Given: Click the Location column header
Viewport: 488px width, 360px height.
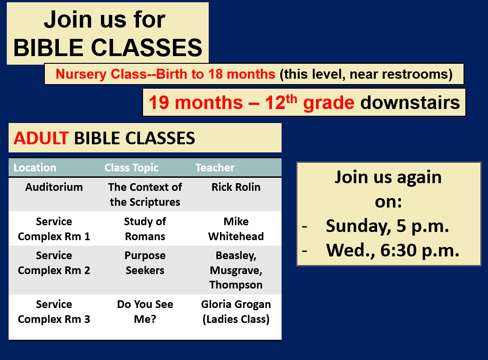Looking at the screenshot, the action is point(35,168).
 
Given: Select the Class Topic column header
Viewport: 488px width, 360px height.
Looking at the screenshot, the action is point(131,168).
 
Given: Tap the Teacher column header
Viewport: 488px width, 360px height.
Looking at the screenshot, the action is point(215,168).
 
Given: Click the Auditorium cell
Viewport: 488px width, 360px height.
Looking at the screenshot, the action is point(54,187).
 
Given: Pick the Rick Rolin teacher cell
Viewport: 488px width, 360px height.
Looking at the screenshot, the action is point(236,187).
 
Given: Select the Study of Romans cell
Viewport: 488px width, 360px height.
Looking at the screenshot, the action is point(145,229).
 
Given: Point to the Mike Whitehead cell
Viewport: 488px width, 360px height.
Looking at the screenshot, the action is point(236,229).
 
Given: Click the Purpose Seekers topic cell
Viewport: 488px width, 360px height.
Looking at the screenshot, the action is point(145,263).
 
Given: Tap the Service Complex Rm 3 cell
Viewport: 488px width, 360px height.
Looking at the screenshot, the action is point(54,312).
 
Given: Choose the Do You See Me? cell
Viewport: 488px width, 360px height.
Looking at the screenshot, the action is point(145,312).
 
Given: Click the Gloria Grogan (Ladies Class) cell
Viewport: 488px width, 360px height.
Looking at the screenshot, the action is point(236,312).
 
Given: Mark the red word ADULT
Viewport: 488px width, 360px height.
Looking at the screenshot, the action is point(41,138).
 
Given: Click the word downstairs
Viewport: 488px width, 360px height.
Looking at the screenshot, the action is point(410,102).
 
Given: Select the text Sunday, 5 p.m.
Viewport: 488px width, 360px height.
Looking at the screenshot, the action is point(388,226).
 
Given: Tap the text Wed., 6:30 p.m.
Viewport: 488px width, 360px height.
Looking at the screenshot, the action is point(393,250).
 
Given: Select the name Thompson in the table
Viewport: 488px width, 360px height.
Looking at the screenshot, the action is point(236,285).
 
